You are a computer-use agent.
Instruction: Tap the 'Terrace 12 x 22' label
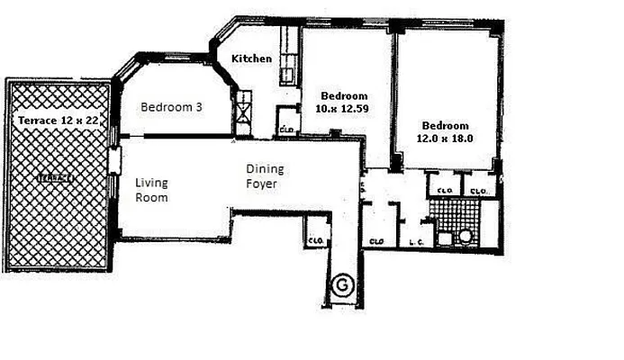[x=59, y=120]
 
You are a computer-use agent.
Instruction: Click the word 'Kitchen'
[x=251, y=58]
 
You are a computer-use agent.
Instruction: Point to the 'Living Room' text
[x=151, y=190]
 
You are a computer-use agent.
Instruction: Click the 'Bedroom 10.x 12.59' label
[x=345, y=103]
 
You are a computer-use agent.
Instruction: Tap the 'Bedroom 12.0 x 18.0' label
[x=446, y=131]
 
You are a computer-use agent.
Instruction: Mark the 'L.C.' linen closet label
[x=416, y=241]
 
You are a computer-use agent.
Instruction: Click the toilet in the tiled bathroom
[x=466, y=238]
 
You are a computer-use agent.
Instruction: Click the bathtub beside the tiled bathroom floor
[x=489, y=222]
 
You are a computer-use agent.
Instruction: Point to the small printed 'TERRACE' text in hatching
[x=57, y=178]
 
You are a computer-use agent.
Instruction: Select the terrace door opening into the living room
[x=114, y=162]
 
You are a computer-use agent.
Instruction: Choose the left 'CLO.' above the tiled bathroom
[x=444, y=191]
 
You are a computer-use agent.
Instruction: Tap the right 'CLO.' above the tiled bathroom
[x=477, y=191]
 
